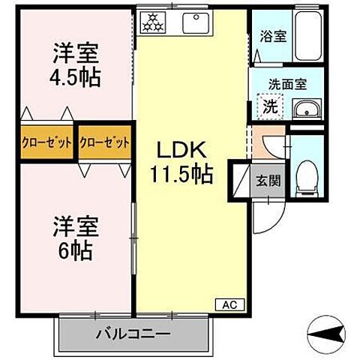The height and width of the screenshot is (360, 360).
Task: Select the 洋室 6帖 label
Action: (73, 237)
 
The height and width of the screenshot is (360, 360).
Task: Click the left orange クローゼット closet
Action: (47, 141)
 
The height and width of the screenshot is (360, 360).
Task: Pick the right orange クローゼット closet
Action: (104, 141)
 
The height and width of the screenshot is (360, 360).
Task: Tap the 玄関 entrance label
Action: (267, 180)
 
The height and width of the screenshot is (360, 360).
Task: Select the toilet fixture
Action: (307, 176)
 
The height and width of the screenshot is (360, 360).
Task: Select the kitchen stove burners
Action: (153, 22)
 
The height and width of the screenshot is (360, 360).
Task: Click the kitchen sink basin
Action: (196, 22)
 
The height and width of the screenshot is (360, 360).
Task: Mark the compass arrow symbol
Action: (328, 332)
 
